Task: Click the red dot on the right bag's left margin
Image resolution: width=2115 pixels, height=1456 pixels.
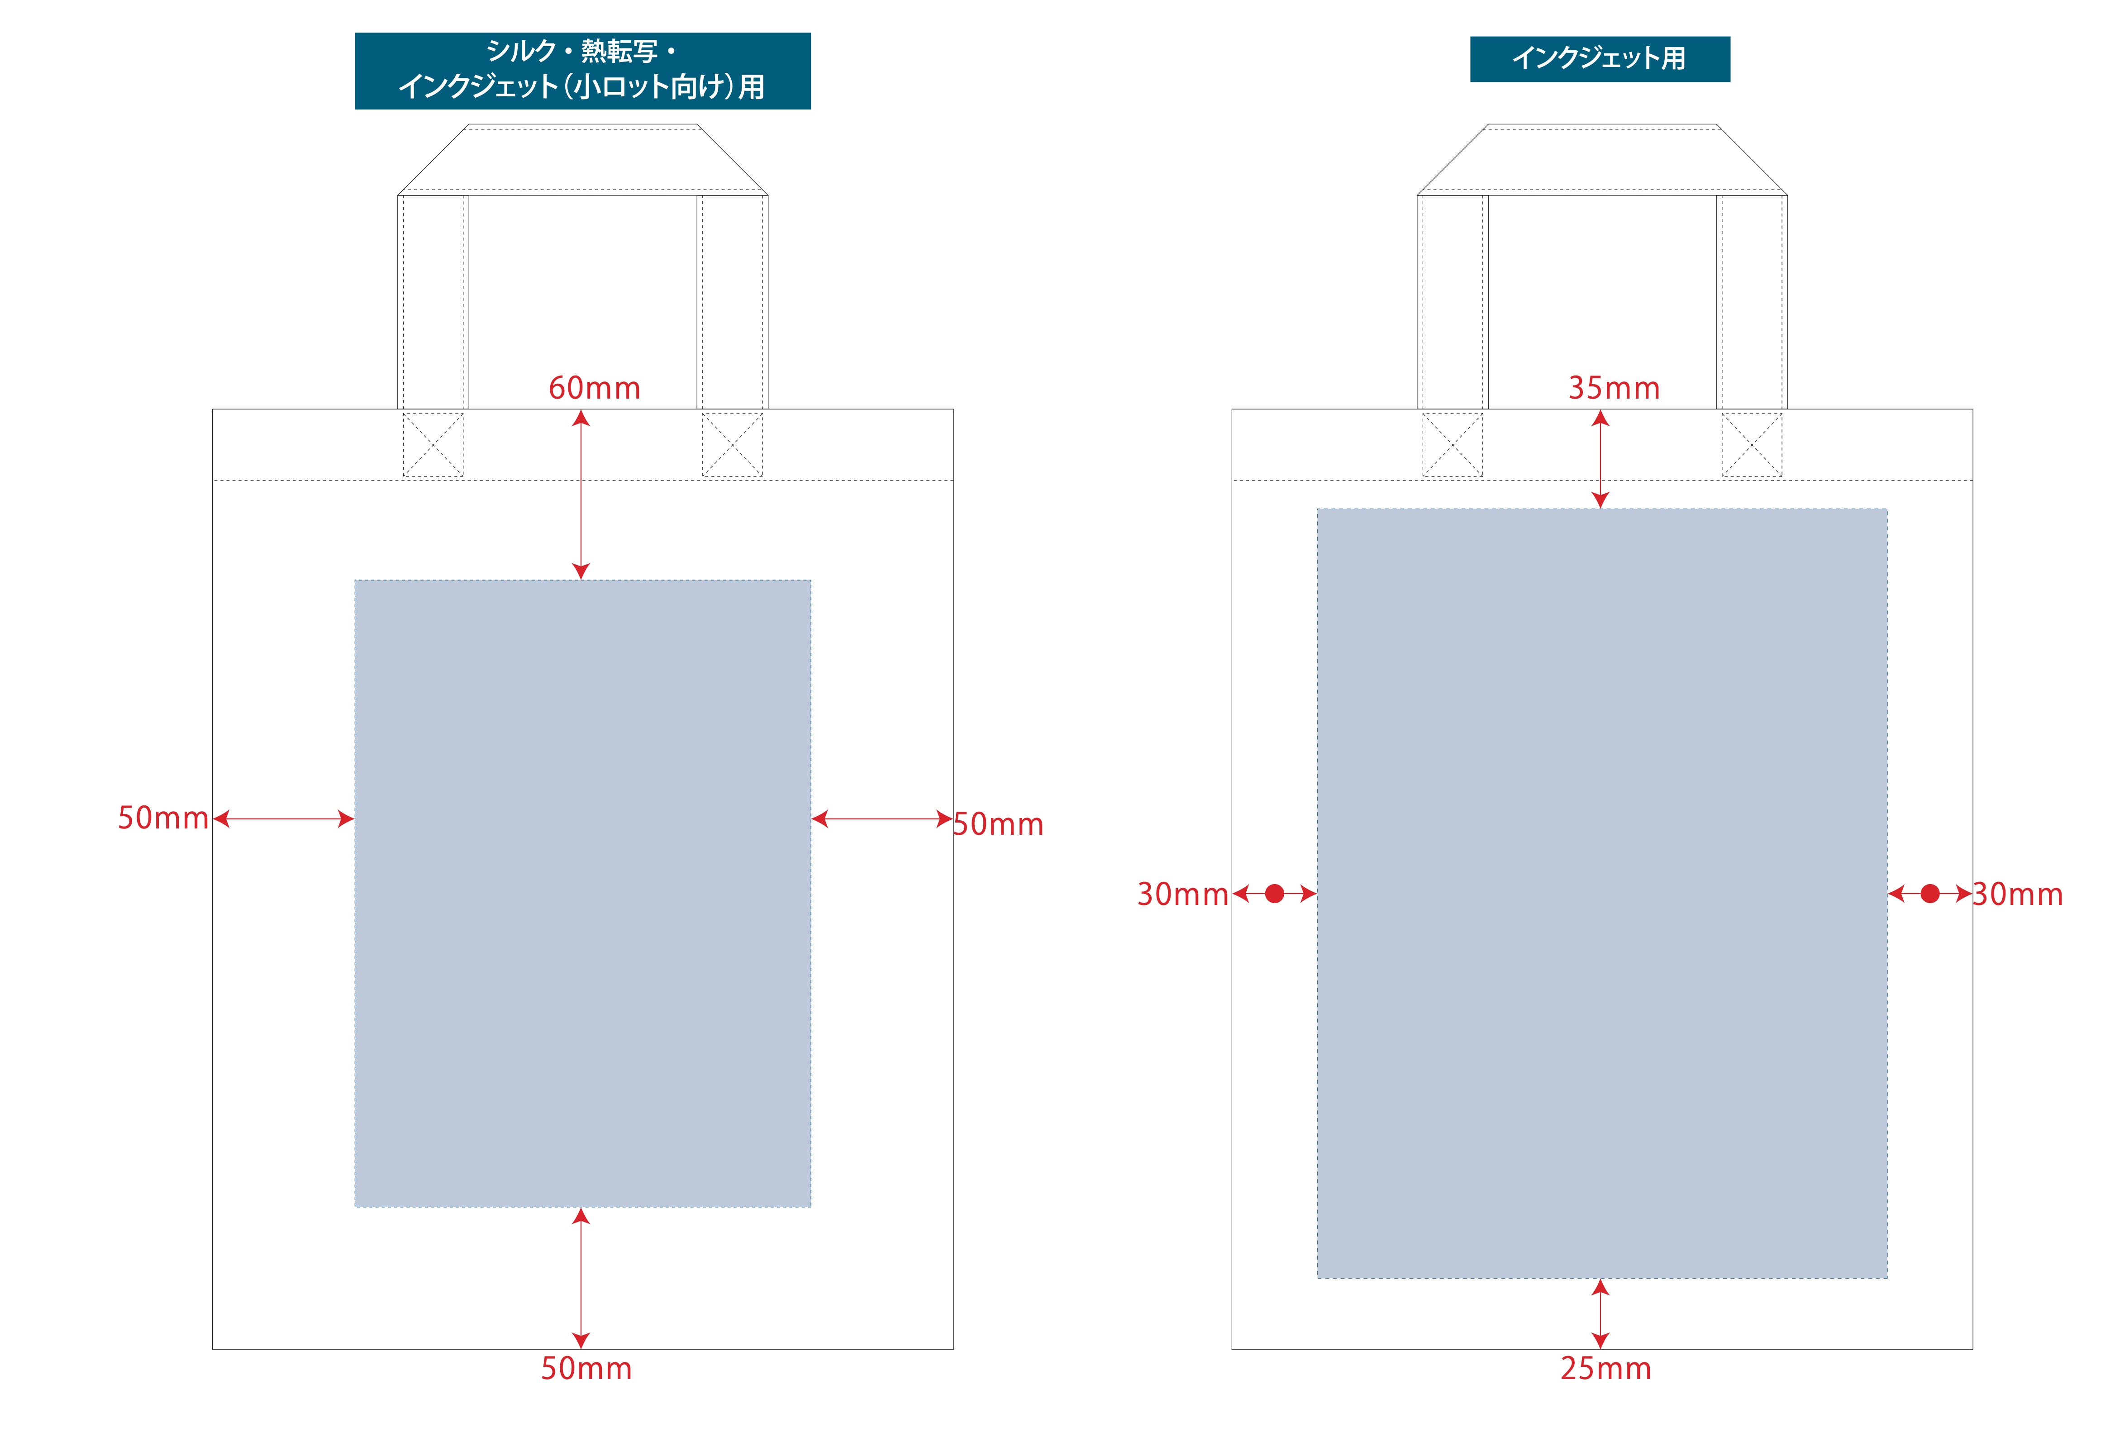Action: [1275, 894]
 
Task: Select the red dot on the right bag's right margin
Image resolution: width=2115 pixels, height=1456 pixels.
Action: [1930, 894]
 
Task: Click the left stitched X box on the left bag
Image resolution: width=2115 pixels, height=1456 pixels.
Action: [433, 444]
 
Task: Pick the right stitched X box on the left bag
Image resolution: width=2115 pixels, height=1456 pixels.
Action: [732, 444]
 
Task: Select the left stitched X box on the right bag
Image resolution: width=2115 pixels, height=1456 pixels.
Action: [1453, 444]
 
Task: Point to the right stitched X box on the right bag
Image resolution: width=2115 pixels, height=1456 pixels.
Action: [1751, 444]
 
